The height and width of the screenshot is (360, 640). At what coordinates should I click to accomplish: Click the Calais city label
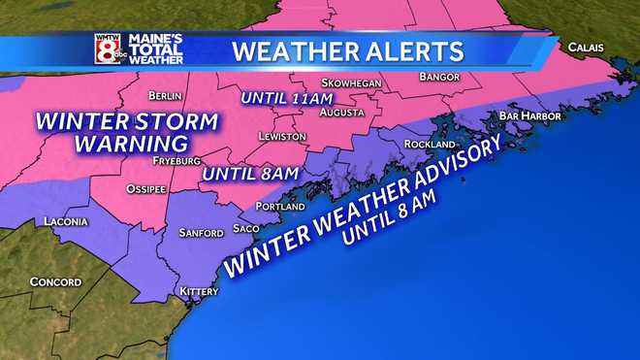click(587, 46)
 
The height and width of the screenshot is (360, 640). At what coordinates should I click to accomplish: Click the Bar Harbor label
click(526, 115)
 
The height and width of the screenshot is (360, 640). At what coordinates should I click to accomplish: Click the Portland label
click(281, 207)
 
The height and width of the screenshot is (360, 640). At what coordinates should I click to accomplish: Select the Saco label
click(246, 229)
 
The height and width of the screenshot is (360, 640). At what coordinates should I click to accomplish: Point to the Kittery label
click(201, 292)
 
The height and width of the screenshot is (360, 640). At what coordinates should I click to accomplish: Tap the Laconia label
click(67, 222)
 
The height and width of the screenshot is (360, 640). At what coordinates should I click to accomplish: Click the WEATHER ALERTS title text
click(348, 49)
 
